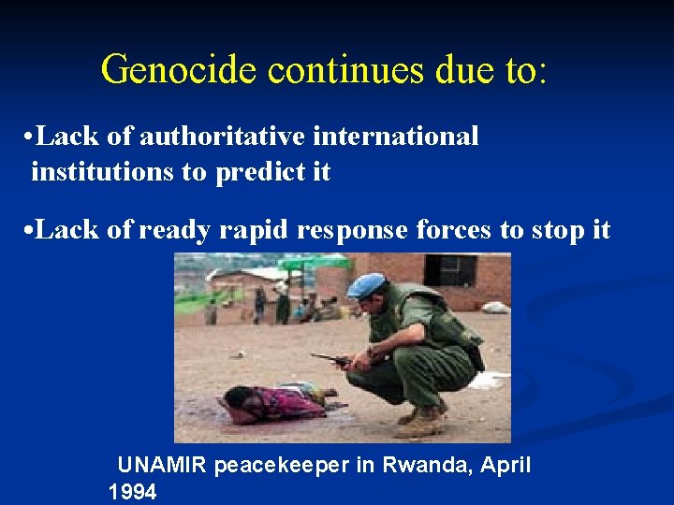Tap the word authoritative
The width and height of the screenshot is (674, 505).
point(222,137)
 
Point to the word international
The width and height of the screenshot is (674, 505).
point(396,137)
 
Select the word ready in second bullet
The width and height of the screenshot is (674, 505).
point(174,231)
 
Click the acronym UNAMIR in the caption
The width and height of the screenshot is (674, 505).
point(162,466)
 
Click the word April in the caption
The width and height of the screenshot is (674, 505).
point(506,466)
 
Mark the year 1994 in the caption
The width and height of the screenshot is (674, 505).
point(132,493)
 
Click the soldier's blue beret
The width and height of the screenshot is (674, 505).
point(366,284)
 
